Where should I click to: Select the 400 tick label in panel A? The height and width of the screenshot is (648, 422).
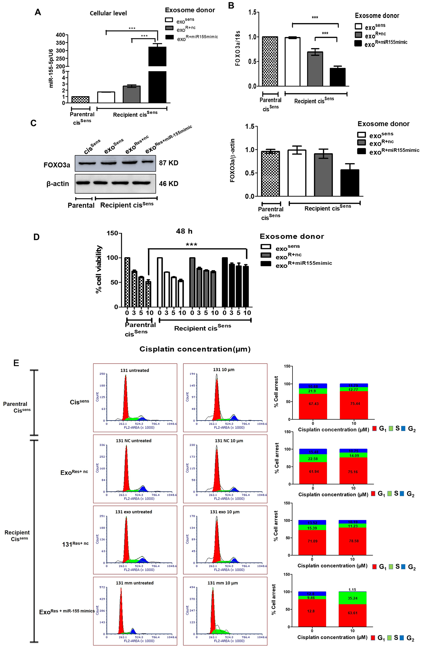60,35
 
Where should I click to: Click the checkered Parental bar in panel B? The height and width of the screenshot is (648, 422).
270,61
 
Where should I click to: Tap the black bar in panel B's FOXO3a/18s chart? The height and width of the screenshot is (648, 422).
337,77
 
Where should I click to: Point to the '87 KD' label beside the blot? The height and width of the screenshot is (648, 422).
168,163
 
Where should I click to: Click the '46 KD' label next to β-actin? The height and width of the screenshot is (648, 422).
168,184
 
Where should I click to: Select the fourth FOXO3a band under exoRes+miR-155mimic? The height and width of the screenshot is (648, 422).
148,162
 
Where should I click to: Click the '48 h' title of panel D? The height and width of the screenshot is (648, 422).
184,231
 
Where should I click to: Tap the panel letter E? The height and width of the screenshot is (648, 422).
16,363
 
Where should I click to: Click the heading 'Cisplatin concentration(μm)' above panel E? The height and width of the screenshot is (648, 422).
195,349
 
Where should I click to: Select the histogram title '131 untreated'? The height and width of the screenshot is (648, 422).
134,370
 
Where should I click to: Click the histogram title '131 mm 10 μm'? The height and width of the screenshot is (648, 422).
223,583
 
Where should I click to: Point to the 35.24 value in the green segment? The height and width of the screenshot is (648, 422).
352,598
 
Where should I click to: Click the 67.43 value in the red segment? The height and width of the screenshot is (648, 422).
313,404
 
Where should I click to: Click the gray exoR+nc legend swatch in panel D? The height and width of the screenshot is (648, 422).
266,255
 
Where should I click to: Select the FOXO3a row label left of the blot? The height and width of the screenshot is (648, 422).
57,165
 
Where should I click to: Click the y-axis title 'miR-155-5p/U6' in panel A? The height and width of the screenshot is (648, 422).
51,68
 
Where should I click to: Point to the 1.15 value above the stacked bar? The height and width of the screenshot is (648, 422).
352,590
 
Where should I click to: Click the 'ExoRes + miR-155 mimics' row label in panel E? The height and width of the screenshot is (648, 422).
67,612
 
